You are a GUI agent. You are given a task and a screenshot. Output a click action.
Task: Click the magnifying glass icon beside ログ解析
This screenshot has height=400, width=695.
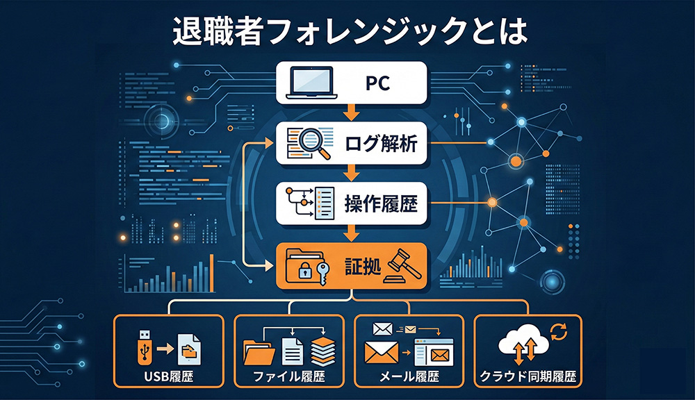tap(316, 144)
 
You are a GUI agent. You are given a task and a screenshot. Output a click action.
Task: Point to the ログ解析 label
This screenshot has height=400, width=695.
tap(381, 144)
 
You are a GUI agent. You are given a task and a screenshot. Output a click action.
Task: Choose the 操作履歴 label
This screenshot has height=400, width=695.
tap(381, 203)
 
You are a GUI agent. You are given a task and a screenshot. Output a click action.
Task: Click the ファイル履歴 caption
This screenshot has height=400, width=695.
tap(289, 377)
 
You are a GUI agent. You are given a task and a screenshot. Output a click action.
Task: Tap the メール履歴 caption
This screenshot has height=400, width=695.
tap(409, 377)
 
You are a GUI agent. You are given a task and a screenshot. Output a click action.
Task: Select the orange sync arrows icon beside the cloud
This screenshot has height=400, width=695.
tap(558, 331)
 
